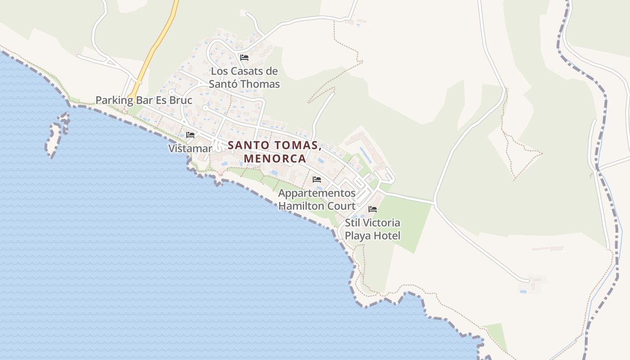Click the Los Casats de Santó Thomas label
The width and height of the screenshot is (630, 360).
click(x=244, y=77)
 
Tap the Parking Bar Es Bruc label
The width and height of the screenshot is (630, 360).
click(x=144, y=100)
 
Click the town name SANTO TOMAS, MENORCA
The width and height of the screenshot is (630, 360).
click(x=274, y=152)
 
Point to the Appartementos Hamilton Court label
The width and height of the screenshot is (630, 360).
click(x=317, y=199)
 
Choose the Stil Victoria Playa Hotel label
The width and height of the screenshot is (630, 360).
click(x=373, y=229)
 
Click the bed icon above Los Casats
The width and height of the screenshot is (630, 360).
click(x=244, y=58)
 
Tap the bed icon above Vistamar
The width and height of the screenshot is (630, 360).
click(x=190, y=135)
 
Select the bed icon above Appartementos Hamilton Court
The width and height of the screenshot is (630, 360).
click(x=317, y=180)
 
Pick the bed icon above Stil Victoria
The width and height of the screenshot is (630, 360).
click(x=373, y=209)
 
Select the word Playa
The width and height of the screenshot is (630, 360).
click(x=358, y=235)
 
